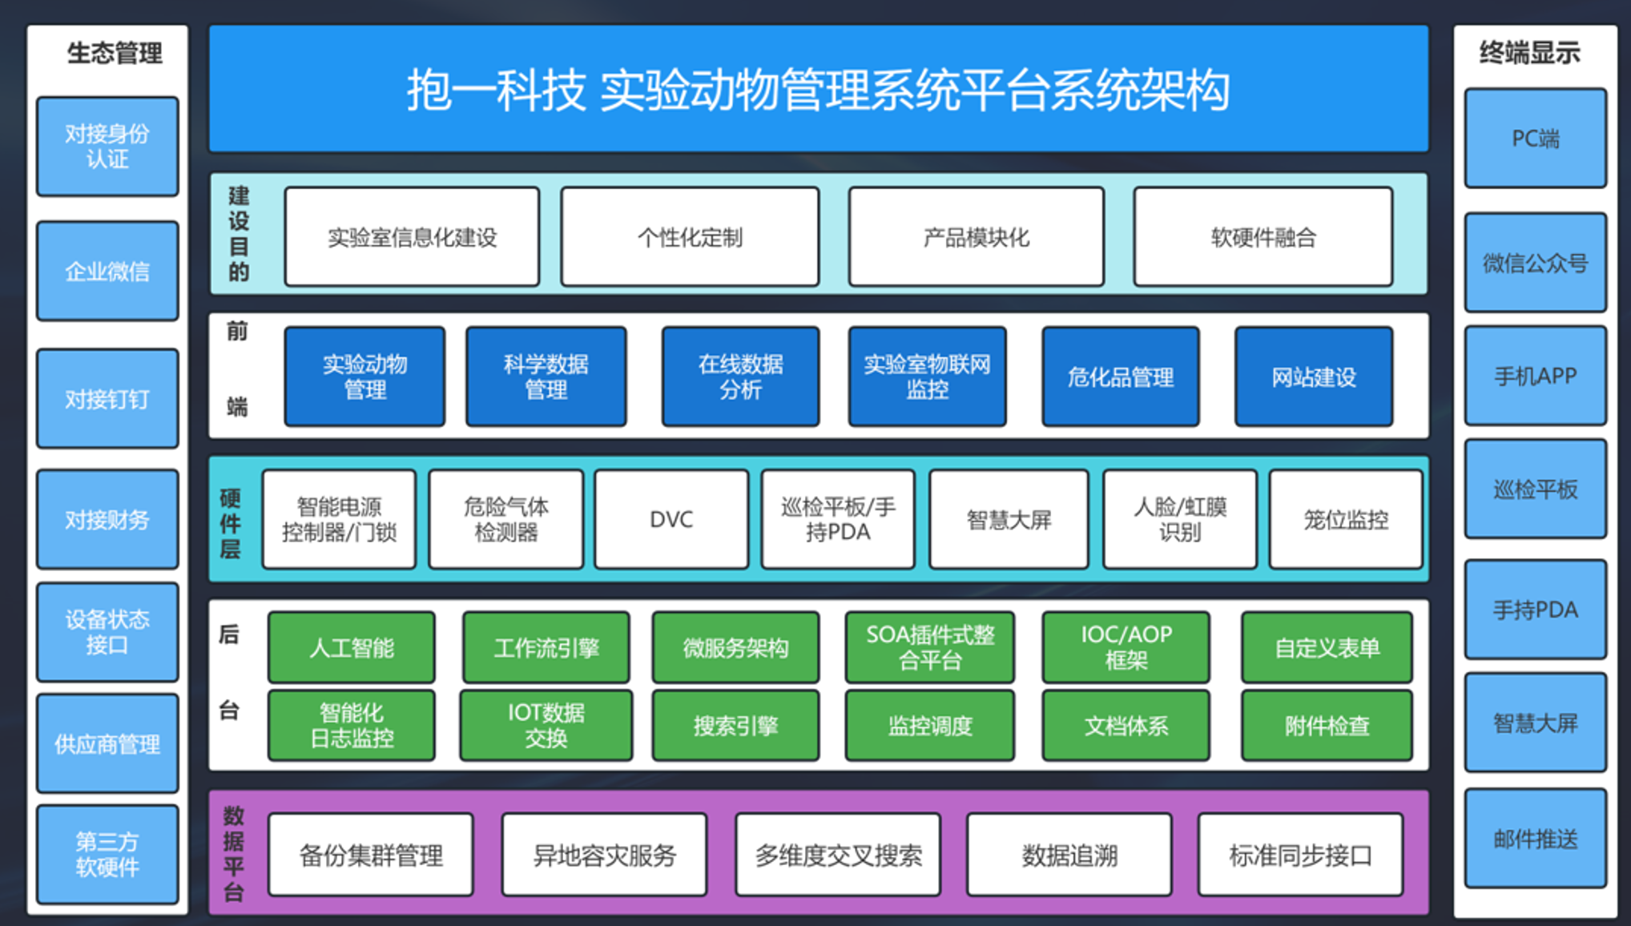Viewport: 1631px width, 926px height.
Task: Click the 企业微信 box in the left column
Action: coord(107,272)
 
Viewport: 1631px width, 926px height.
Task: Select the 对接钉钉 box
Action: coord(107,399)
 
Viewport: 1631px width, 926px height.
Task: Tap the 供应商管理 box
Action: coord(107,744)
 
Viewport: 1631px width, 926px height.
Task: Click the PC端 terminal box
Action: coord(1535,139)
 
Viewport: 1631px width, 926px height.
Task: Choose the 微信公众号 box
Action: coord(1535,263)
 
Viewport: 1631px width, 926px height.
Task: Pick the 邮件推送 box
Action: coord(1535,839)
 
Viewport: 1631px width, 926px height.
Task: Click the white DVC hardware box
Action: coord(671,520)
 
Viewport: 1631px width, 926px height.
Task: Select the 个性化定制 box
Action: coord(690,237)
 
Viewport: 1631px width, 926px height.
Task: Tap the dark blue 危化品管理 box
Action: coord(1120,376)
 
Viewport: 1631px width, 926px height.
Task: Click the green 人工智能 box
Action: coord(352,647)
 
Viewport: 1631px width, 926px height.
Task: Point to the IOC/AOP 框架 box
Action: coord(1126,647)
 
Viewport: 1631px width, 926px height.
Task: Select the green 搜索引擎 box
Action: coord(735,726)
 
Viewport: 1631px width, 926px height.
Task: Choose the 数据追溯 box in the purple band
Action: coord(1069,856)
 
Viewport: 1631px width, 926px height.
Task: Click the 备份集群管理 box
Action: coord(371,856)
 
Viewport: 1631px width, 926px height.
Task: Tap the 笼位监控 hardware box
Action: coord(1346,520)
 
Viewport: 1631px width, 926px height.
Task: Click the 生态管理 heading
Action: coord(115,54)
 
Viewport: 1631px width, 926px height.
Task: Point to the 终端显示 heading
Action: coord(1529,53)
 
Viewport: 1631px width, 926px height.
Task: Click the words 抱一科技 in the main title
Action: coord(496,91)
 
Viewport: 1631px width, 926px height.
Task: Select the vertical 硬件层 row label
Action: coord(230,523)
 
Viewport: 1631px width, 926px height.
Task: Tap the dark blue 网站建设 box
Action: coord(1314,376)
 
